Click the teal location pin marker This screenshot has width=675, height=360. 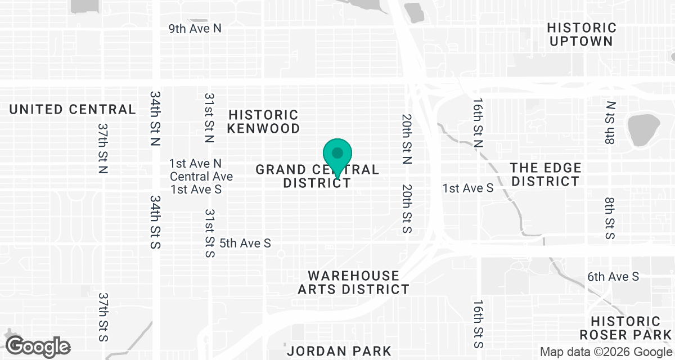[337, 155]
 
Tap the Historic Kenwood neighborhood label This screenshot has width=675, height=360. [263, 121]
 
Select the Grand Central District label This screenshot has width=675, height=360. [317, 176]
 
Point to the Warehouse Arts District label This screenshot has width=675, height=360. [353, 282]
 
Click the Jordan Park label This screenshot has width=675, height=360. [339, 351]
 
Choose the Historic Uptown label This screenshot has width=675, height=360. [582, 34]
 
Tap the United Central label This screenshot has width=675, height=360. [73, 109]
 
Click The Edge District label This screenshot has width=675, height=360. [546, 174]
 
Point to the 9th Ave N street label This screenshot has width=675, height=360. [195, 28]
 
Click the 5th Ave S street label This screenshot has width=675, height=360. [245, 243]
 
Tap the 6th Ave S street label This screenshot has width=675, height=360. [613, 276]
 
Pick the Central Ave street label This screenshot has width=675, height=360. [201, 176]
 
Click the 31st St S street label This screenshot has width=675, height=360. [210, 233]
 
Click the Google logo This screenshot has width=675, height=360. [38, 345]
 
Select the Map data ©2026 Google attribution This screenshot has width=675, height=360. [606, 352]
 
